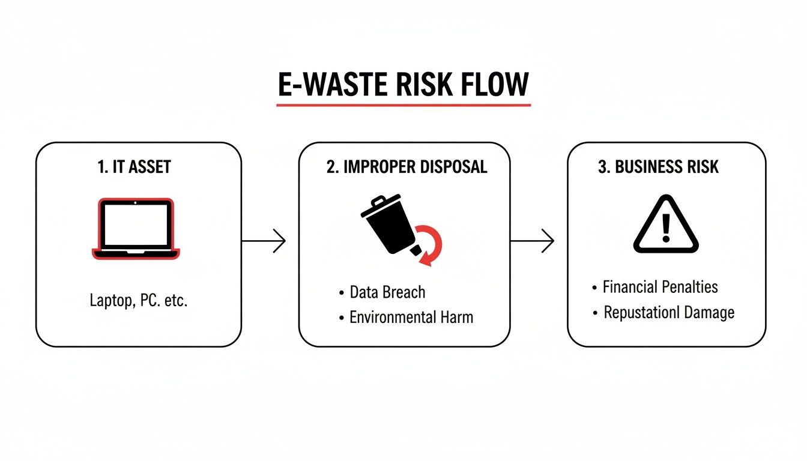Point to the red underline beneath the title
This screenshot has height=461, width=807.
403,105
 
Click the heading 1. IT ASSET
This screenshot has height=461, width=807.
134,167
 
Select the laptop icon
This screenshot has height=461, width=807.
135,229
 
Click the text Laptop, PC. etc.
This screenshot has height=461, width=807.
139,301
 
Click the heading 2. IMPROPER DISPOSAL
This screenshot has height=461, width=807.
407,167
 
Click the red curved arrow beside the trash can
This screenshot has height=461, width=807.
429,243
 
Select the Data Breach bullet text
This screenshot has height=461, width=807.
387,292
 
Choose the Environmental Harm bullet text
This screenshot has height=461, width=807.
411,317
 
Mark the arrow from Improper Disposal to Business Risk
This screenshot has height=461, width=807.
532,241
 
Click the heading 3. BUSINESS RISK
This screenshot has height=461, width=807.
659,167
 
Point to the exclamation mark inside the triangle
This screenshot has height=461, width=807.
666,227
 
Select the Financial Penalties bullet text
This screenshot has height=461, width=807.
660,286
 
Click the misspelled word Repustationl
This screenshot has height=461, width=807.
643,312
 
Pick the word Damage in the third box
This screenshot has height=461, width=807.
710,312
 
